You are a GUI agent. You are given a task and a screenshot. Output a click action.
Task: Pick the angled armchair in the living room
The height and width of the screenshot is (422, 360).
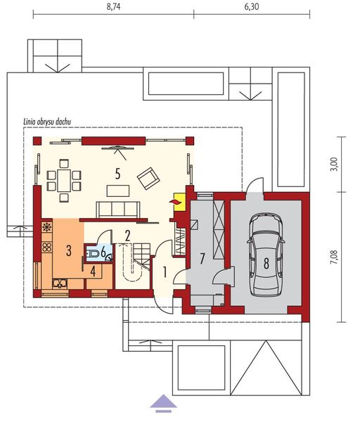(148, 178)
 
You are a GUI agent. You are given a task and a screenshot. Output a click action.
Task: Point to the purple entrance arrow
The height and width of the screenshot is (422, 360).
(164, 401)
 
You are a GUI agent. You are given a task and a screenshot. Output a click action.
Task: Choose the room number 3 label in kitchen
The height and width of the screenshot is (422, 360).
(68, 250)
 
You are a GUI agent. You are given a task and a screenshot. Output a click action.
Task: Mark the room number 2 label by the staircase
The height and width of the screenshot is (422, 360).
(127, 235)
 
